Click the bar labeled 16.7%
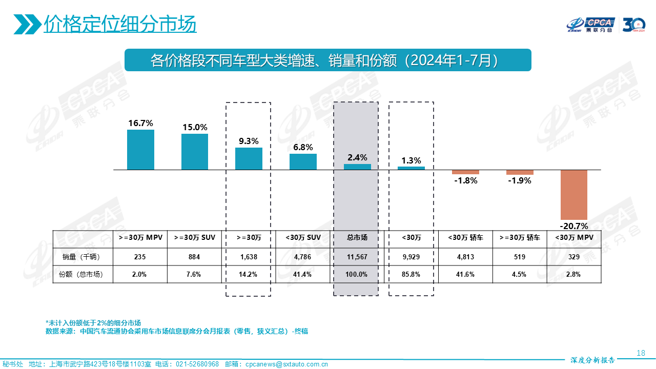click(140, 150)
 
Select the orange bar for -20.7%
click(573, 194)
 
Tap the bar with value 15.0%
click(195, 152)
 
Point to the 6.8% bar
click(303, 161)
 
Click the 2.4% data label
click(357, 158)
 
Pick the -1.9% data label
click(520, 180)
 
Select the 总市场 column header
click(357, 238)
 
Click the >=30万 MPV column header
click(140, 238)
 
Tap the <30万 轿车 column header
click(465, 238)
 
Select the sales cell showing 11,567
click(357, 257)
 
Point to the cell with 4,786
click(302, 257)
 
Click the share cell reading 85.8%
click(411, 274)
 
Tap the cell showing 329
click(573, 257)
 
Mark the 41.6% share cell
click(465, 274)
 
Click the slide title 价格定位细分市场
click(120, 24)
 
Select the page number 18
click(641, 353)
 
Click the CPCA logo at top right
click(591, 24)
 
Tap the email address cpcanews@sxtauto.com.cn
click(286, 364)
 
